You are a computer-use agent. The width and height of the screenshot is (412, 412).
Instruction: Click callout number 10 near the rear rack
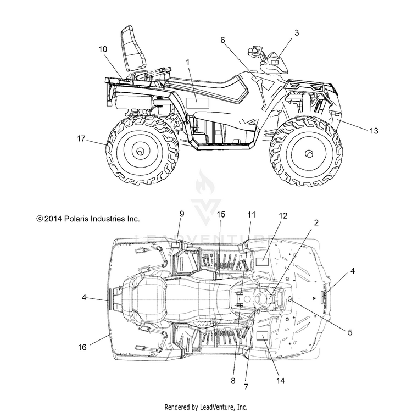click(103, 49)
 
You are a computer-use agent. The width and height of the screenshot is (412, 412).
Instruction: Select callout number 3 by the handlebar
click(297, 32)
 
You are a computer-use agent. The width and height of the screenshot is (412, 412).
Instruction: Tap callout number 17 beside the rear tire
click(81, 138)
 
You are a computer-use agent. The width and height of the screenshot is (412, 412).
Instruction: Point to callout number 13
click(374, 131)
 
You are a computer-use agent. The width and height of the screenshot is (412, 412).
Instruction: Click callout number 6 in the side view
click(222, 40)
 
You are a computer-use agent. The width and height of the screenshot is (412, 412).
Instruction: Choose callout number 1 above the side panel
click(188, 62)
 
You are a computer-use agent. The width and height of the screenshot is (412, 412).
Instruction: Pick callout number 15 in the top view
click(221, 214)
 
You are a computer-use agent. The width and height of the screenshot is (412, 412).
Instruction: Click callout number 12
click(283, 215)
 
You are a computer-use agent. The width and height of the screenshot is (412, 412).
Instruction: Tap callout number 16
click(82, 347)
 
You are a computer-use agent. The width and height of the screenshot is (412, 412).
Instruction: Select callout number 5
click(350, 332)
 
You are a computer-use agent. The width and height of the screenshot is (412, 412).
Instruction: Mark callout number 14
click(280, 381)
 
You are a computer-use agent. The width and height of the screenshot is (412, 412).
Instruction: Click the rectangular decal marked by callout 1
click(198, 103)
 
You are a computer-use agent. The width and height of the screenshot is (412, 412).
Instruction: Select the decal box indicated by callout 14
click(262, 336)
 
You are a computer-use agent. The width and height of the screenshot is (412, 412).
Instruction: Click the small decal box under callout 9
click(175, 245)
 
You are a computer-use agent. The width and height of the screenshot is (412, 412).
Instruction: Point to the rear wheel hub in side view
click(140, 151)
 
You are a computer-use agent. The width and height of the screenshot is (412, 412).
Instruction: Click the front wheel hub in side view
click(309, 153)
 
